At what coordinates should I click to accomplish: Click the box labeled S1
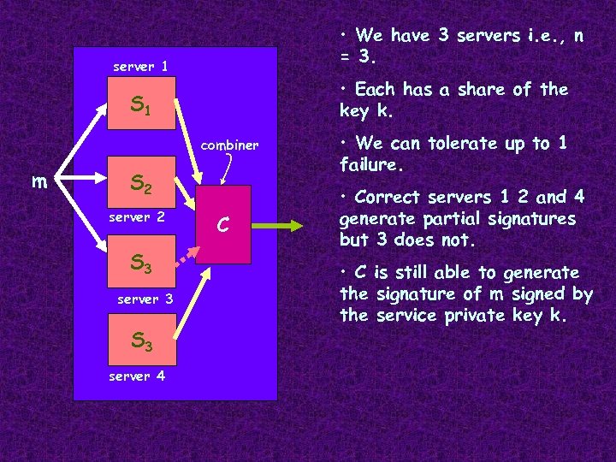point(140,106)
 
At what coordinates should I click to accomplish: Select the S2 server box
point(140,181)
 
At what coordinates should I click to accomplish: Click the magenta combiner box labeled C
point(222,224)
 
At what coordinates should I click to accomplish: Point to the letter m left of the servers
point(38,181)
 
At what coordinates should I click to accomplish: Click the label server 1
point(140,66)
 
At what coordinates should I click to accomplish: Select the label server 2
point(136,217)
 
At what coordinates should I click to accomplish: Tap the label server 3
point(145,299)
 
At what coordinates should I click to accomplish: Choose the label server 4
point(137,376)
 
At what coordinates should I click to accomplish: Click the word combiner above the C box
point(230,145)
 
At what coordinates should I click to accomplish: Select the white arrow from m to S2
point(80,181)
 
